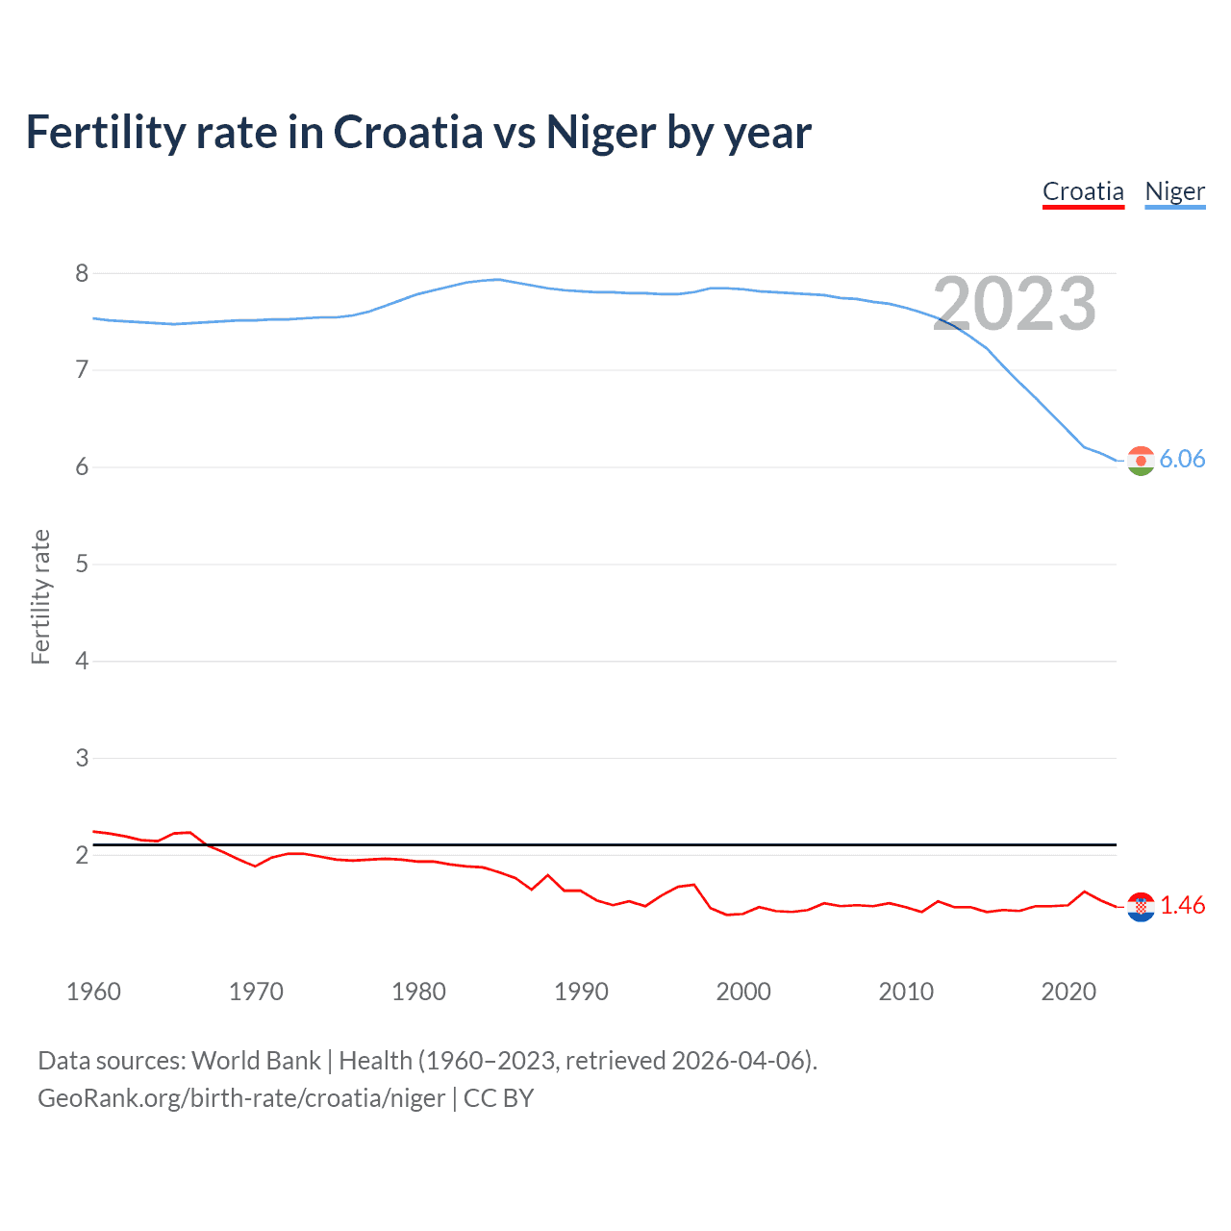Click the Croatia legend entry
point(1083,191)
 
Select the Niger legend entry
point(1174,191)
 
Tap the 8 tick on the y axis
point(82,273)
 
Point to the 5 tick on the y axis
point(82,564)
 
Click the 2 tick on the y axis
point(82,855)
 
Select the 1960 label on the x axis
point(93,992)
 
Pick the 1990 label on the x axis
point(581,992)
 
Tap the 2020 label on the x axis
point(1068,992)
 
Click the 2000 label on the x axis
point(743,992)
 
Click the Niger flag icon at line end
point(1141,461)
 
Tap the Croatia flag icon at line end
point(1141,906)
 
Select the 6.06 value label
point(1182,460)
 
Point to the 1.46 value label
point(1182,906)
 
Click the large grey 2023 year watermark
point(1014,304)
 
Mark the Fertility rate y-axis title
point(40,596)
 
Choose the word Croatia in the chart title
point(408,132)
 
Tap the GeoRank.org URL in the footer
point(241,1098)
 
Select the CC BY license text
point(498,1098)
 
